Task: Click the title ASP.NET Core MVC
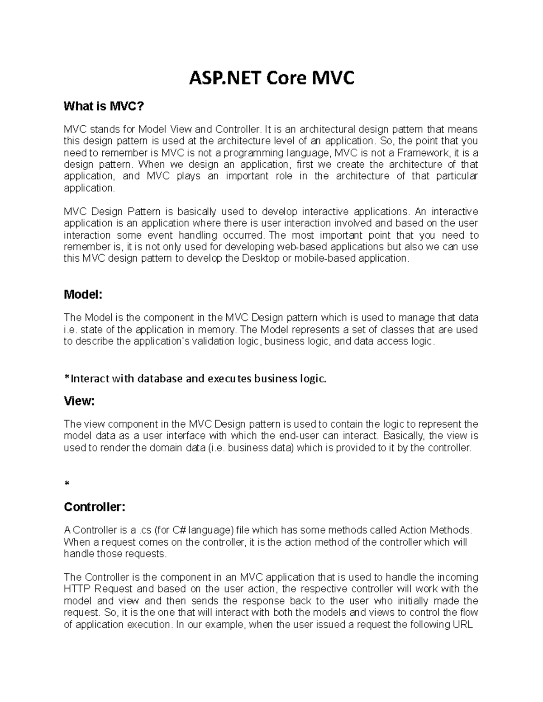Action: coord(271,79)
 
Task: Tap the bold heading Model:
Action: coord(83,295)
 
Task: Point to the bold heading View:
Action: coord(79,401)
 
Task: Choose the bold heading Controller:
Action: coord(94,507)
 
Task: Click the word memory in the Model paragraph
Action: coord(213,330)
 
